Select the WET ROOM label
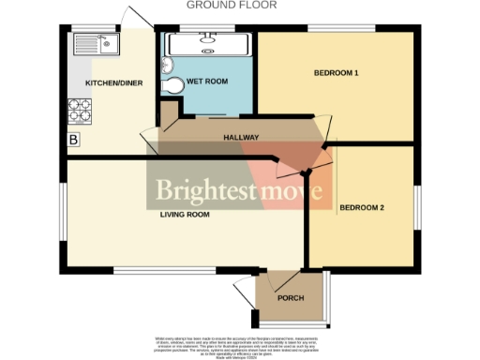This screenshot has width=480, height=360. (207, 82)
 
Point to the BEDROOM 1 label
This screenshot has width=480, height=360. (337, 72)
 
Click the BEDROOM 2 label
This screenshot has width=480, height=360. (362, 207)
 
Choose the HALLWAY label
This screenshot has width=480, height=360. (241, 138)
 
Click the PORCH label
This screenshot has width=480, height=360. (291, 297)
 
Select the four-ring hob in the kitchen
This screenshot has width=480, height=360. (79, 113)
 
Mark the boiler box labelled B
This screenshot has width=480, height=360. (73, 141)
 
